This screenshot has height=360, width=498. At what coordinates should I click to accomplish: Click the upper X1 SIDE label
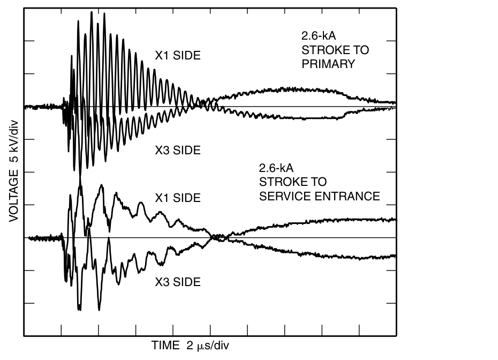point(178,55)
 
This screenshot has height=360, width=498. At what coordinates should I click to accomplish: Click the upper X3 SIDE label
point(178,151)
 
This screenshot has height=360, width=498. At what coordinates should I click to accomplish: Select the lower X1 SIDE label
point(178,198)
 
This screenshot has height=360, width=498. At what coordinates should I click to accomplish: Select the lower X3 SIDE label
point(178,282)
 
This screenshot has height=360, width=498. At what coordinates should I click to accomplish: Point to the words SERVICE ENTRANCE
point(320,197)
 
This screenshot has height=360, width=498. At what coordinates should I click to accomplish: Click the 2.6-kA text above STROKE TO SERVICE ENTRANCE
point(276,169)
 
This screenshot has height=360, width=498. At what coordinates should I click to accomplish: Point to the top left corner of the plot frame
point(24,7)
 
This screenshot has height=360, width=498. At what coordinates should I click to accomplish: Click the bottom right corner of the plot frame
point(396,336)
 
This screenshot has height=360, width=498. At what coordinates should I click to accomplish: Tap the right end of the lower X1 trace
point(395,219)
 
